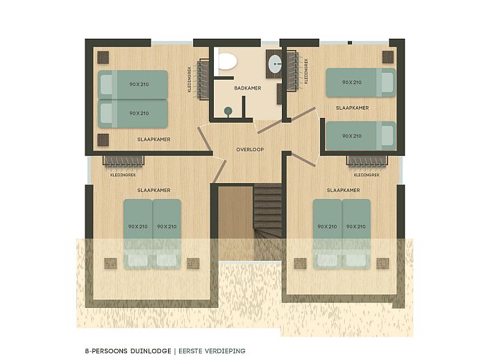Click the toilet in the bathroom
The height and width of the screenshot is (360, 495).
(226, 62)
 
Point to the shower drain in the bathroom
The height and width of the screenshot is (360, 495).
(228, 109)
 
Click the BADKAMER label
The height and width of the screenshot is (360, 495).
(247, 88)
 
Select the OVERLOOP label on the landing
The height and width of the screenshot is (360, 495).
(248, 149)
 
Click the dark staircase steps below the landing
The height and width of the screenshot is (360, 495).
(268, 215)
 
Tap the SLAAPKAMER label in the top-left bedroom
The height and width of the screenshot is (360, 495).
(153, 139)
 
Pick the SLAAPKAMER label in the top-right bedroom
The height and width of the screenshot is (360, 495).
(352, 108)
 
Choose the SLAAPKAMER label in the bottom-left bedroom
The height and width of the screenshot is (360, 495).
(153, 189)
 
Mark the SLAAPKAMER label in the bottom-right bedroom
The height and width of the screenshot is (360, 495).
(342, 189)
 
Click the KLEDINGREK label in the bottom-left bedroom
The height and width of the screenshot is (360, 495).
(124, 175)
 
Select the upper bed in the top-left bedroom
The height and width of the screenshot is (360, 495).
(133, 84)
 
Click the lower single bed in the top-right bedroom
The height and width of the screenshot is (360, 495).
(360, 135)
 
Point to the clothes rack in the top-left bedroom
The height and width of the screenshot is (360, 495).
(201, 80)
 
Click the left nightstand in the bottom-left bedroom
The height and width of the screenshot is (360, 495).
(109, 263)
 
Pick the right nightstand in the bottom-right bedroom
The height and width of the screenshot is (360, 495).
(383, 263)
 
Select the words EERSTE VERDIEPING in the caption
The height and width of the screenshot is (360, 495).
(212, 351)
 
